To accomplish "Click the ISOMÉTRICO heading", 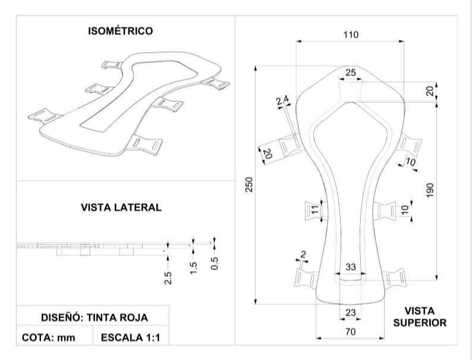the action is [x=121, y=31].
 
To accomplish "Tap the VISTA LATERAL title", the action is [x=121, y=207].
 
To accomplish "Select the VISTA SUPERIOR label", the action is [x=420, y=317].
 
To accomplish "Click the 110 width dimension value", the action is [x=351, y=35].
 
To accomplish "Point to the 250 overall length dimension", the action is [x=249, y=185].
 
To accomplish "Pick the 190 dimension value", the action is [x=430, y=190].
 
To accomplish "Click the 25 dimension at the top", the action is [x=350, y=72].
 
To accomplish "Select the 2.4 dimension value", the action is [x=282, y=100].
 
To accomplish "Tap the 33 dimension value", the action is [x=351, y=267].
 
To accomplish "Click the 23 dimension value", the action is [x=351, y=313].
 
